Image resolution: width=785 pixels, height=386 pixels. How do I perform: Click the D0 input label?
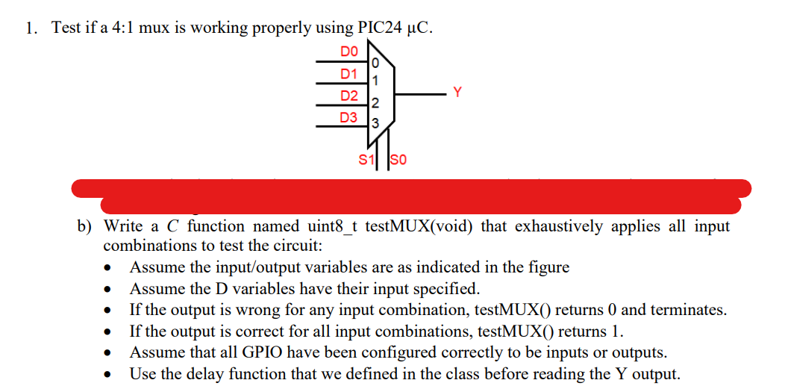349,52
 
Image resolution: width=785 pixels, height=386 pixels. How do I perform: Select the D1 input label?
349,74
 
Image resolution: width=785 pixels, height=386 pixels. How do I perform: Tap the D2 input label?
349,96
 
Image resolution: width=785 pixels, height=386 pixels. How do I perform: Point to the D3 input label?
349,118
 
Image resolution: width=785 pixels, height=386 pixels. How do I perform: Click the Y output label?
458,93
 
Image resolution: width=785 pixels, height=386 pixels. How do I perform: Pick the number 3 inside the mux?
375,122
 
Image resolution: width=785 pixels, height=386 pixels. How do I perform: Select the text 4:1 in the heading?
120,28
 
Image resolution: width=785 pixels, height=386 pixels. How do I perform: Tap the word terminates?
691,309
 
